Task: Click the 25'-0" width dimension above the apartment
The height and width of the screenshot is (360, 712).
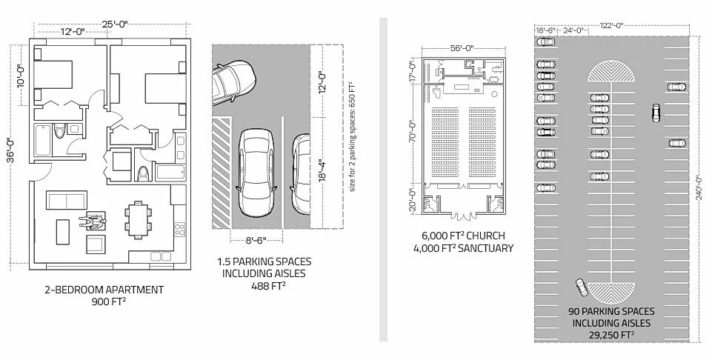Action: pyautogui.click(x=115, y=24)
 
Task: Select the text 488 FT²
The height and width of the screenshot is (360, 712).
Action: pyautogui.click(x=264, y=285)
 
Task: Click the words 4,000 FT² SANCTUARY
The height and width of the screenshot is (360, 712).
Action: pyautogui.click(x=463, y=248)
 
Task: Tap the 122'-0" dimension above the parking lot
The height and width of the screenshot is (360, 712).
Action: pyautogui.click(x=613, y=24)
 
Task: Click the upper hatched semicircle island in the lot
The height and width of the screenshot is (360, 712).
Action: pyautogui.click(x=611, y=72)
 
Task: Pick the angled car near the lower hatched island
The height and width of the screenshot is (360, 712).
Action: pyautogui.click(x=581, y=287)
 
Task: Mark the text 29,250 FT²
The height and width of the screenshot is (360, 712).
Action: pyautogui.click(x=611, y=335)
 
